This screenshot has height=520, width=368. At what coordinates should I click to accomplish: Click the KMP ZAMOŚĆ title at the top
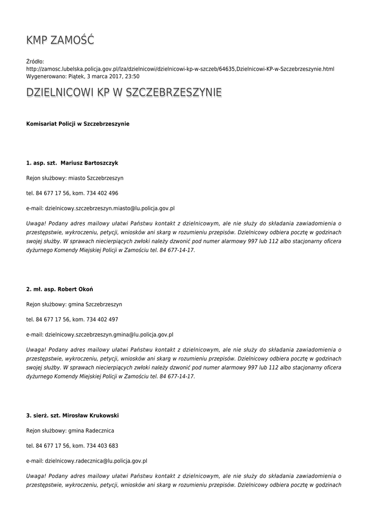pyautogui.click(x=60, y=40)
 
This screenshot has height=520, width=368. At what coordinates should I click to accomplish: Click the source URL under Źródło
pyautogui.click(x=180, y=69)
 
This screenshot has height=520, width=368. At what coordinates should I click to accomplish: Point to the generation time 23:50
pyautogui.click(x=133, y=76)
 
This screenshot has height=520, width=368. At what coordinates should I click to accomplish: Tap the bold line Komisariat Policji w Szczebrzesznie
pyautogui.click(x=78, y=124)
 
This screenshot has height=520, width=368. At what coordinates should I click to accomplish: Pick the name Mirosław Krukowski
pyautogui.click(x=90, y=415)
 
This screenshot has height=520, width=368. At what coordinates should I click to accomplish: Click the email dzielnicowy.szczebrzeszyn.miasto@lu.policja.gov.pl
pyautogui.click(x=110, y=208)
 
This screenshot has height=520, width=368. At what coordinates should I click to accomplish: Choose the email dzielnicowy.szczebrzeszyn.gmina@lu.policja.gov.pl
pyautogui.click(x=109, y=335)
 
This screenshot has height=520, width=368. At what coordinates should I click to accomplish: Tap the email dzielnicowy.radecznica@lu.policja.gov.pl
pyautogui.click(x=96, y=461)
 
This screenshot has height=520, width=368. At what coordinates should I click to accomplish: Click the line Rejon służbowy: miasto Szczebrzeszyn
pyautogui.click(x=75, y=178)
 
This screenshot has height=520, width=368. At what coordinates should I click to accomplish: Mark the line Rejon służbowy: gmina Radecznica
pyautogui.click(x=70, y=431)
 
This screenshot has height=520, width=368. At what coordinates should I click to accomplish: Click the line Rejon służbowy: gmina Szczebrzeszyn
pyautogui.click(x=74, y=305)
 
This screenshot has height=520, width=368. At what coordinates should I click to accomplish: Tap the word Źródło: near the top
pyautogui.click(x=35, y=61)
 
